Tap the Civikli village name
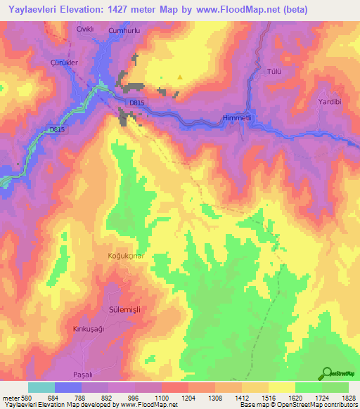tap(85, 29)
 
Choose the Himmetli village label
tap(236, 117)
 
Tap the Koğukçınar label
tap(126, 256)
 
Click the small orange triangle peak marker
tap(180, 77)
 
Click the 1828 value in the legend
tap(348, 397)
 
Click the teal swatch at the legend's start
tap(41, 387)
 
